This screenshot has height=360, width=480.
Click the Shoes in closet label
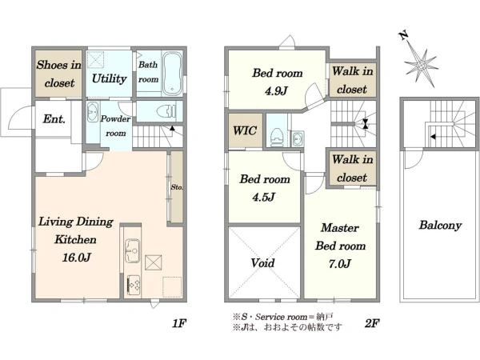pos(59,74)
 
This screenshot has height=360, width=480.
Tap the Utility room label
pos(110,78)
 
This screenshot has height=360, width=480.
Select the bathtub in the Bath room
pos(172,74)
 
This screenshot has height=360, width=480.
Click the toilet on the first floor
pos(166,111)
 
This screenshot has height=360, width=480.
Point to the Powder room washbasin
pos(93,112)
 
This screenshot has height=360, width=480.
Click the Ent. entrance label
pos(54,118)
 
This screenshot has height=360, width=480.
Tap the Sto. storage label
pos(177,186)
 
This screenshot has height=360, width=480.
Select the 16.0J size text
pos(76,258)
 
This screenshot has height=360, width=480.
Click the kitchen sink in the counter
pos(132,250)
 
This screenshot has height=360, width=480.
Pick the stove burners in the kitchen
pos(134,286)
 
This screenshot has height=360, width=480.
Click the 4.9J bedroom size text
pos(277,91)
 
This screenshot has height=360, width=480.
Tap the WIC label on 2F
pos(245,130)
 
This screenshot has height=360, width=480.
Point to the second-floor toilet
pos(277,137)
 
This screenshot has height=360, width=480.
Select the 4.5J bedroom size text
pos(263,197)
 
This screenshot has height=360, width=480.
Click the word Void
pos(262,263)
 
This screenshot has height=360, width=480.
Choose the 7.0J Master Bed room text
pos(340,263)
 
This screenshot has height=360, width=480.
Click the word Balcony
pos(440,226)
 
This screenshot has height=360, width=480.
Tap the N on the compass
pos(404,35)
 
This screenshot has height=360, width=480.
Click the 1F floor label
pos(179,323)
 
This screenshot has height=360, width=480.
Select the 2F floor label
pos(372,323)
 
